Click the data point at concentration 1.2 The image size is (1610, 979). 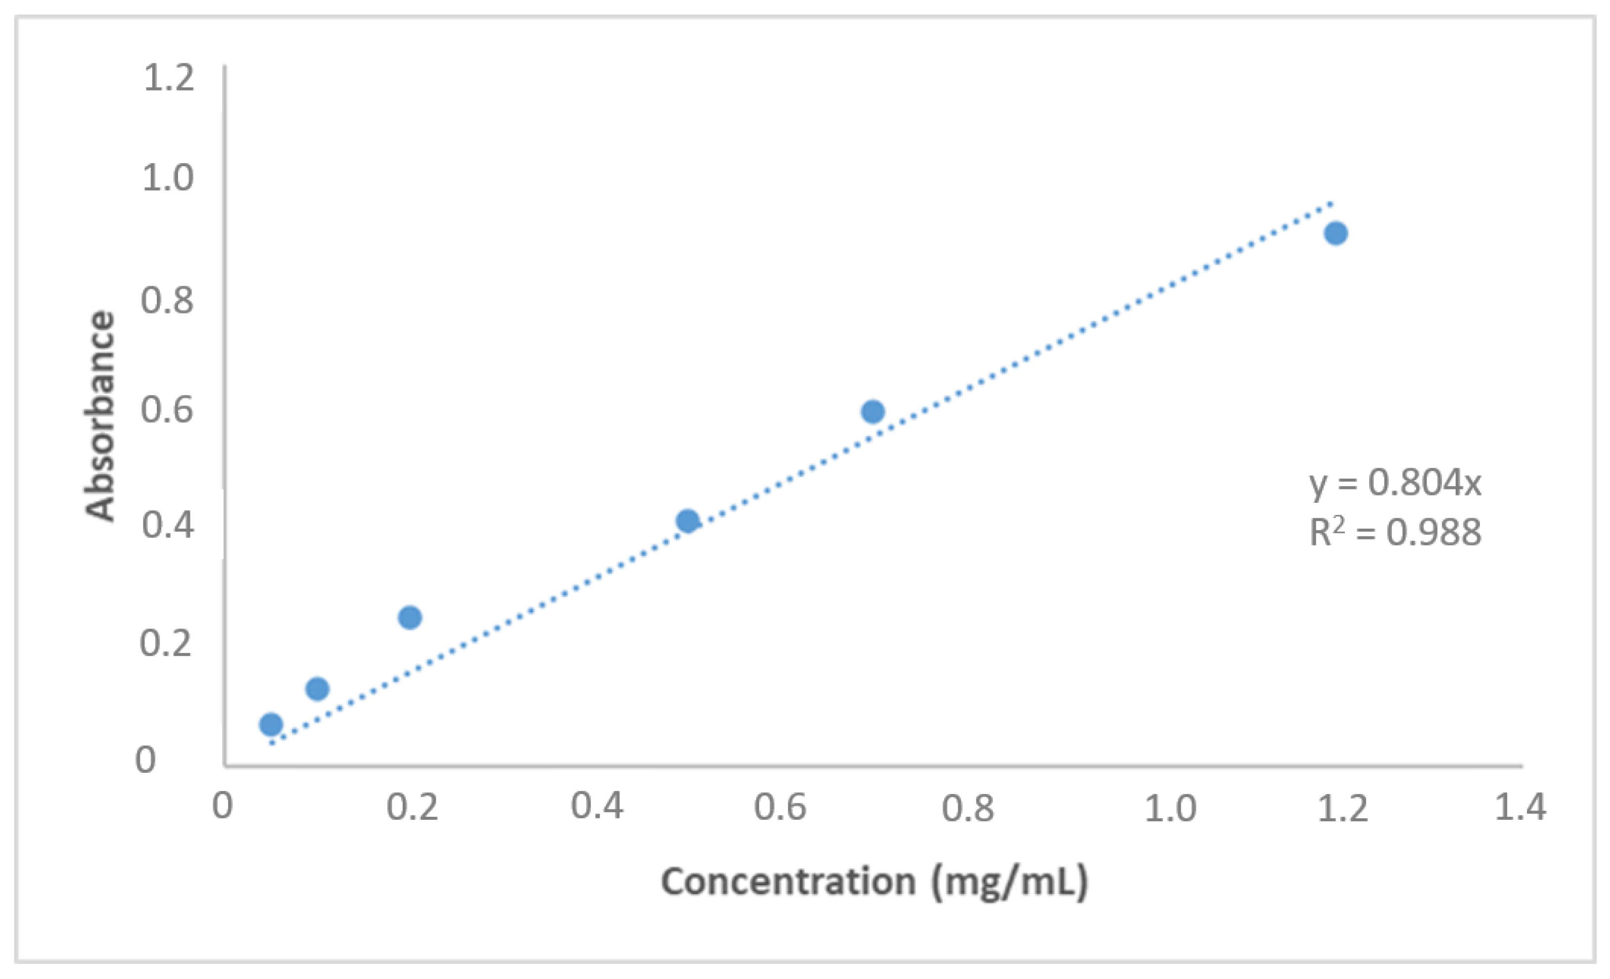tap(1335, 233)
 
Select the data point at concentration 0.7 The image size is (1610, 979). tap(873, 411)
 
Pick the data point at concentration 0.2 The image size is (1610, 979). tap(410, 617)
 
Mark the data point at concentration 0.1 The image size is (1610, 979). tap(317, 688)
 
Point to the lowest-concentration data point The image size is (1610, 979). tap(271, 724)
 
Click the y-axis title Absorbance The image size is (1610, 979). tap(100, 415)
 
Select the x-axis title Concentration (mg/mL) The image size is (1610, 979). tap(874, 882)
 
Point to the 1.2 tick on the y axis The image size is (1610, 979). tap(169, 78)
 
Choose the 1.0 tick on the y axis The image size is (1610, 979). tap(168, 178)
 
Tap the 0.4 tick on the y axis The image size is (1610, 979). tap(168, 525)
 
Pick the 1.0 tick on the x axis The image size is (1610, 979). tap(1170, 808)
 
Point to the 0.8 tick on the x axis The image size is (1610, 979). tap(967, 808)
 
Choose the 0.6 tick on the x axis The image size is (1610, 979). tap(780, 807)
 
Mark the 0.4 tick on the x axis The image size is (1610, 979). tap(597, 806)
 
